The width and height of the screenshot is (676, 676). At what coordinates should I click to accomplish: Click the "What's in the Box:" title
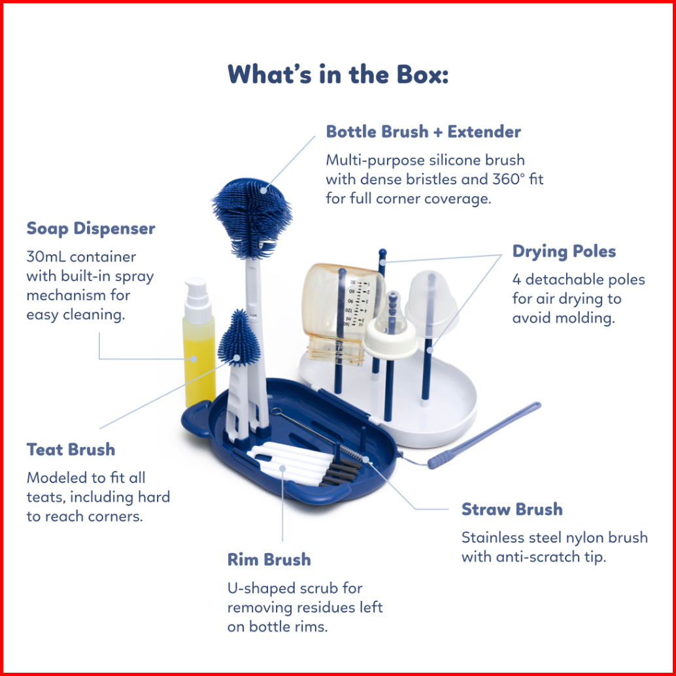(x=338, y=74)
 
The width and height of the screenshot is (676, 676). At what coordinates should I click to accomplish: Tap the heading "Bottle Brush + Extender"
(x=423, y=131)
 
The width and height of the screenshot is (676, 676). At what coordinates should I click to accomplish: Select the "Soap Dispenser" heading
(x=90, y=229)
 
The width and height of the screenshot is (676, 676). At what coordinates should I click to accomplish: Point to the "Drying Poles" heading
(x=564, y=251)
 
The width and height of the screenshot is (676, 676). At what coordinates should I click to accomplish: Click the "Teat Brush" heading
(x=71, y=450)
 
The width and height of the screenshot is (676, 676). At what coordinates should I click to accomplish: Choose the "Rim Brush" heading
(x=269, y=560)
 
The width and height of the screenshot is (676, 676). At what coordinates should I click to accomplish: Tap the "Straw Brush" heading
(x=512, y=509)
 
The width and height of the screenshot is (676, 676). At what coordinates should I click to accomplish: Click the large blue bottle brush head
(x=252, y=218)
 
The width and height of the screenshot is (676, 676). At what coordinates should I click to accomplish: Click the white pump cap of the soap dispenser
(x=197, y=300)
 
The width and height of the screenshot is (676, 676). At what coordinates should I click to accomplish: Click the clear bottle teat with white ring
(x=390, y=327)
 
